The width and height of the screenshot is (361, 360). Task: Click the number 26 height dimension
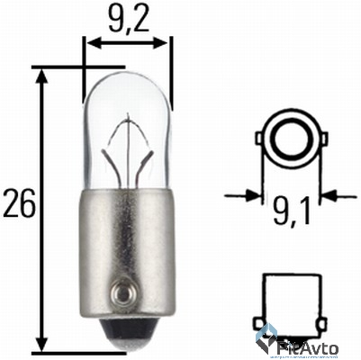21,204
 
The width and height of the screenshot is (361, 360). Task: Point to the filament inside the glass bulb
126,148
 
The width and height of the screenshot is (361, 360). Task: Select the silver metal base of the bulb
126,243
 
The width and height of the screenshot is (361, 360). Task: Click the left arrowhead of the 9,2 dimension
89,41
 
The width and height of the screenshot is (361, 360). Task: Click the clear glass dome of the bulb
126,108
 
